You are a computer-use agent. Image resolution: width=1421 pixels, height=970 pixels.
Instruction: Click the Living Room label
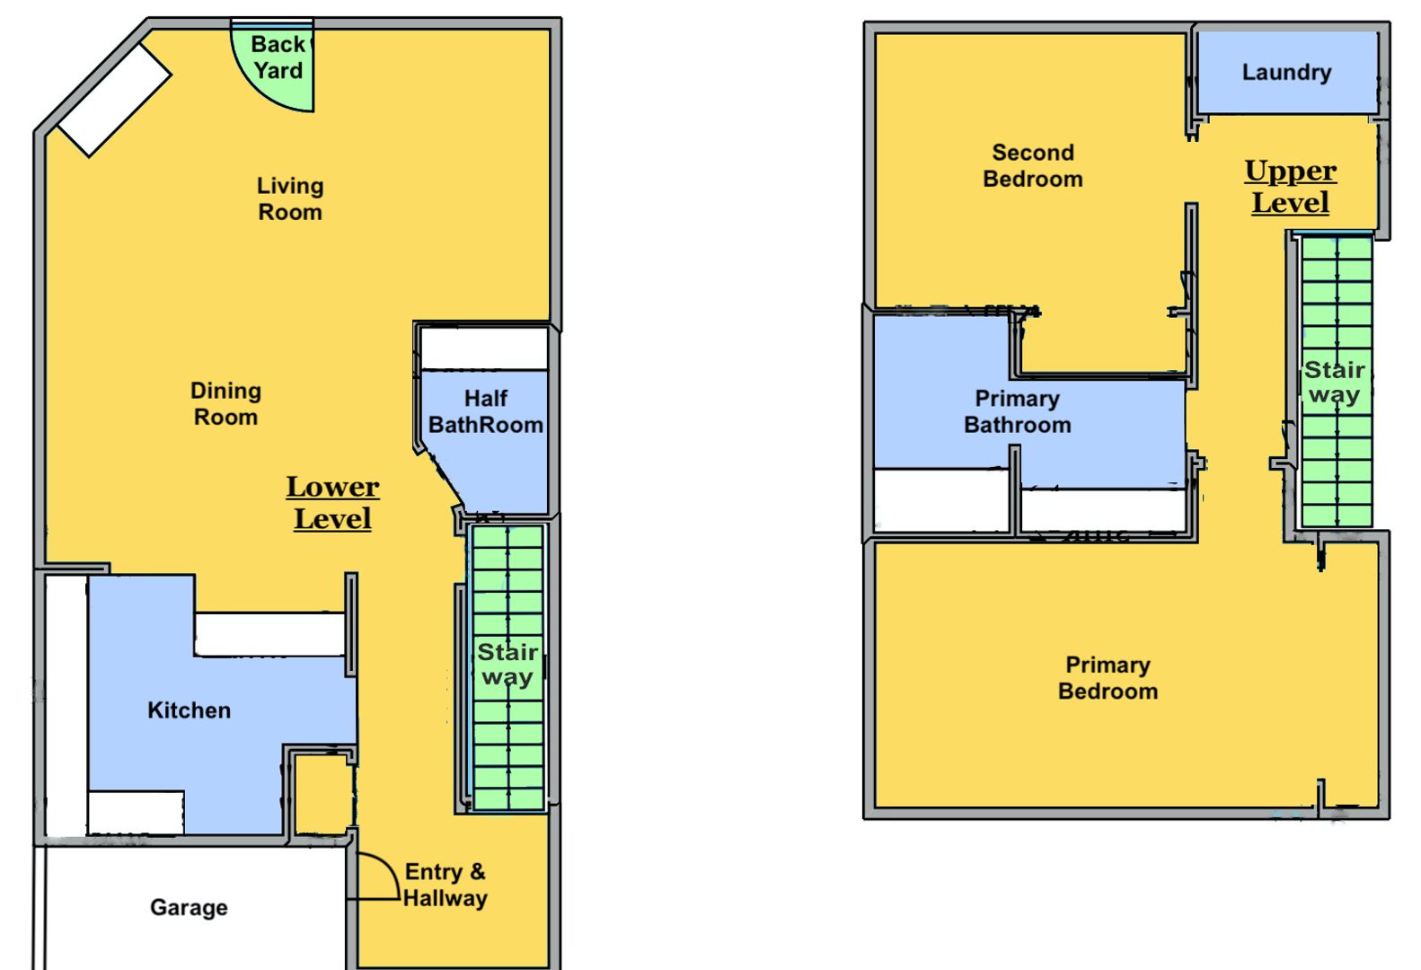point(290,198)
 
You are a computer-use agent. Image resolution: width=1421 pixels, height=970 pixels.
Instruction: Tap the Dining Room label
point(225,403)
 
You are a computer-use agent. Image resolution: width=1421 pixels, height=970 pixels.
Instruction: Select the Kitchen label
point(189,710)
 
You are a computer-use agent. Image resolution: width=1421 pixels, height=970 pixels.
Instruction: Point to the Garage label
point(189,907)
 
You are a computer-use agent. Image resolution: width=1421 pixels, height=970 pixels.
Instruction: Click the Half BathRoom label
point(486,411)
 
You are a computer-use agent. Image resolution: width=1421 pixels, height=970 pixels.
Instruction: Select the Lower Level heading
point(332,502)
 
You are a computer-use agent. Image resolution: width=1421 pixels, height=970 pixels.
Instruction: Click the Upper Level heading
point(1291,187)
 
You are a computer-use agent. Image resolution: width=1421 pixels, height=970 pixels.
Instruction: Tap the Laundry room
point(1288,73)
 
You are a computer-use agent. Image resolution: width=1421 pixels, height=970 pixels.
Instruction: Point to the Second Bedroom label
point(1033,165)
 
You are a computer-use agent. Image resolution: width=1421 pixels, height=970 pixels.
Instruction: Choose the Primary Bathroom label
point(1018,411)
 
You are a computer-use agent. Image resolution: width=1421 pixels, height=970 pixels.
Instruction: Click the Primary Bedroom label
point(1108,677)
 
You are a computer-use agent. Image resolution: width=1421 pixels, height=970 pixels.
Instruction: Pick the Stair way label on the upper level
point(1335,382)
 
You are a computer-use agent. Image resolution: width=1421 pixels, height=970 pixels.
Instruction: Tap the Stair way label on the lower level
point(507,665)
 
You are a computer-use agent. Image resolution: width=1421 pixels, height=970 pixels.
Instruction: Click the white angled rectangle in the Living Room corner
point(115,101)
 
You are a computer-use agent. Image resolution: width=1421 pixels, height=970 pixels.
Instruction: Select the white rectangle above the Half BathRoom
point(484,348)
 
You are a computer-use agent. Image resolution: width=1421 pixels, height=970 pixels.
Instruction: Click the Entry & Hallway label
point(446,885)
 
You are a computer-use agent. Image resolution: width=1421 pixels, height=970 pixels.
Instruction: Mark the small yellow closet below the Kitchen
point(324,794)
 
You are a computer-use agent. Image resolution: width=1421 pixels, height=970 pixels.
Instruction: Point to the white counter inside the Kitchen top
point(269,634)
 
